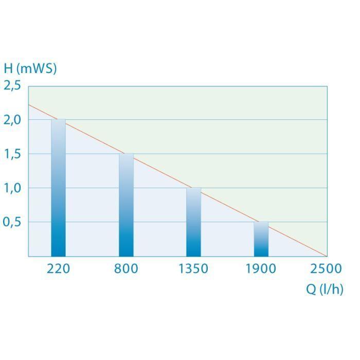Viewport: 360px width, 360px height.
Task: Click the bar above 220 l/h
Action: point(59,188)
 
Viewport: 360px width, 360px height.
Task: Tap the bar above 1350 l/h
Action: point(193,222)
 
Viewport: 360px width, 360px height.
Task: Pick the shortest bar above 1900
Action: point(261,239)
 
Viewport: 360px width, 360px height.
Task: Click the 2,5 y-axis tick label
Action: point(12,85)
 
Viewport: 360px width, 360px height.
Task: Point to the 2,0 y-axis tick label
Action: point(12,119)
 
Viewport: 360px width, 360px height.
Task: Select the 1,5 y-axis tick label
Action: point(12,154)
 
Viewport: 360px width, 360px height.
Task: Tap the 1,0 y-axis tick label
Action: point(12,188)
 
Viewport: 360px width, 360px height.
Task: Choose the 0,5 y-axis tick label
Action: point(12,222)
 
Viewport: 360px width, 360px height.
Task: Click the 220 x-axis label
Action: point(59,268)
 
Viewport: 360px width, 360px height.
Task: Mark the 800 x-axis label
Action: point(126,268)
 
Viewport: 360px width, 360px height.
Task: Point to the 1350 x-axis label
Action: point(193,268)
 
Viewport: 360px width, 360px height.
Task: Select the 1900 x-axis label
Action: point(261,268)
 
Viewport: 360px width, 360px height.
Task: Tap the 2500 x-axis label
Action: point(326,268)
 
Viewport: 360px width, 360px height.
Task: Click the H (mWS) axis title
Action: point(30,68)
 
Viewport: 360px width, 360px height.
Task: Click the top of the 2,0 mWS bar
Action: point(59,120)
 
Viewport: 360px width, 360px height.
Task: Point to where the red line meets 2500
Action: point(327,256)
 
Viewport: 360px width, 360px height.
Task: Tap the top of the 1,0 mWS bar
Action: point(193,188)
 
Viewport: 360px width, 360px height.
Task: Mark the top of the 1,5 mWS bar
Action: point(126,154)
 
